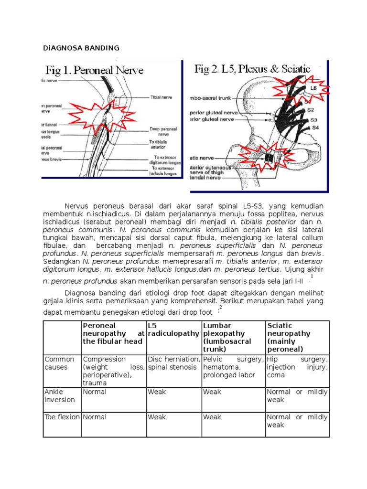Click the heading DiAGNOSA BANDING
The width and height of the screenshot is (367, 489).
point(81,48)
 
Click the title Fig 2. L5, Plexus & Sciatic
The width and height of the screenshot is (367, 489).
point(252,69)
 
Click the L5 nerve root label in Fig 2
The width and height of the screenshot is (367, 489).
point(313,88)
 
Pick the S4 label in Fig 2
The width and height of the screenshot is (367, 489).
point(315,128)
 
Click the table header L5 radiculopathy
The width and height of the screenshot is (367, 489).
point(173,330)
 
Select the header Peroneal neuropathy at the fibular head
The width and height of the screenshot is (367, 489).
point(113,333)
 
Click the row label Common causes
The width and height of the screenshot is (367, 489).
point(60,363)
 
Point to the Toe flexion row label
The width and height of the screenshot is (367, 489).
point(62,417)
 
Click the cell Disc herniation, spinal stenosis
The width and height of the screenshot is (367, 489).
point(173,363)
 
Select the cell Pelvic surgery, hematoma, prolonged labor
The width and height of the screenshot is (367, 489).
point(233,367)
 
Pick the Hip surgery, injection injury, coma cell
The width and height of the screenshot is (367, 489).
point(297,367)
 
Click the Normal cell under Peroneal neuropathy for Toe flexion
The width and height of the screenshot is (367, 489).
point(95,417)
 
